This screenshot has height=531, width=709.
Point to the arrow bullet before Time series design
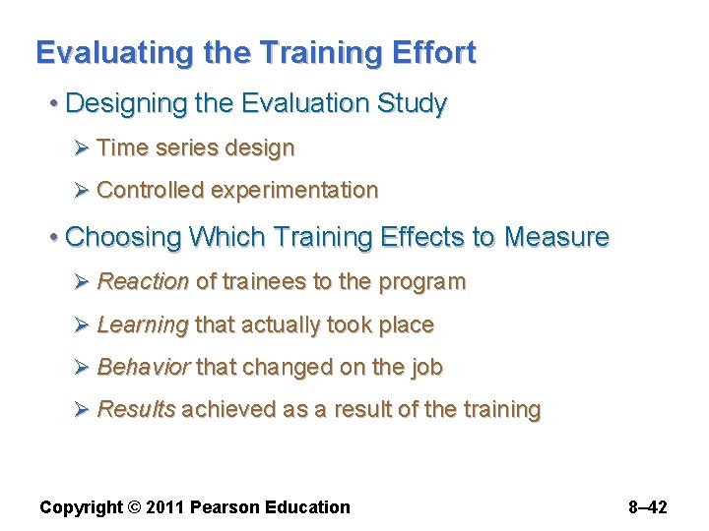[83, 148]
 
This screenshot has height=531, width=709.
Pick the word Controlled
[150, 190]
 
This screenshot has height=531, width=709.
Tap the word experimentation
[293, 190]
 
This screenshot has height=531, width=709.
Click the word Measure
[556, 237]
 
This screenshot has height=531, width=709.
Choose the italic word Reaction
[143, 282]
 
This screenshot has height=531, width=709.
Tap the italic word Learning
[143, 325]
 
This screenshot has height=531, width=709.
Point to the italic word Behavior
[143, 368]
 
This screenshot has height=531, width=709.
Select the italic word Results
[137, 409]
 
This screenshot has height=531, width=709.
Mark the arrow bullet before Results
[83, 409]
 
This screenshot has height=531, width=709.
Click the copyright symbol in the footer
[134, 507]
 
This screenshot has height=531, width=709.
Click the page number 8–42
[647, 507]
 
